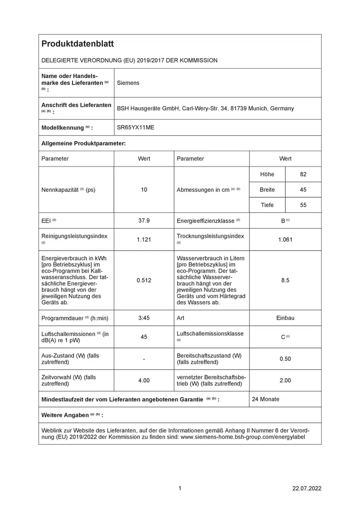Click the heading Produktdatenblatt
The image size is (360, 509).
pyautogui.click(x=78, y=44)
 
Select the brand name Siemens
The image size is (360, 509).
pyautogui.click(x=128, y=83)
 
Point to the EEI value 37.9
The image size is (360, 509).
pyautogui.click(x=144, y=221)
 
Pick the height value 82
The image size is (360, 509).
pyautogui.click(x=303, y=174)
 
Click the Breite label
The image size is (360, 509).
pyautogui.click(x=267, y=190)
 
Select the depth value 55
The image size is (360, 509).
pyautogui.click(x=303, y=205)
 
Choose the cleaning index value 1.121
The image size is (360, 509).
pyautogui.click(x=144, y=239)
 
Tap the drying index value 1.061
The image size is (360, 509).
pyautogui.click(x=285, y=239)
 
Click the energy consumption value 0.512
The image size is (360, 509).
pyautogui.click(x=144, y=280)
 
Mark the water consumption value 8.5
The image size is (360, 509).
pyautogui.click(x=285, y=280)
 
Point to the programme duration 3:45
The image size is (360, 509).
pyautogui.click(x=144, y=318)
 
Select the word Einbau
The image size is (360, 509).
pyautogui.click(x=285, y=318)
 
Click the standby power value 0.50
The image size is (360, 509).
pyautogui.click(x=285, y=359)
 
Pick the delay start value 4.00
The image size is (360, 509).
pyautogui.click(x=144, y=380)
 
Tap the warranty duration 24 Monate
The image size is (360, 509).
pyautogui.click(x=266, y=399)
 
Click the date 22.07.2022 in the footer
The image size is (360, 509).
pyautogui.click(x=307, y=489)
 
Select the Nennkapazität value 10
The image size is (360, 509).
pyautogui.click(x=144, y=190)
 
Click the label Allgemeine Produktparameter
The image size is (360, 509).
pyautogui.click(x=84, y=143)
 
